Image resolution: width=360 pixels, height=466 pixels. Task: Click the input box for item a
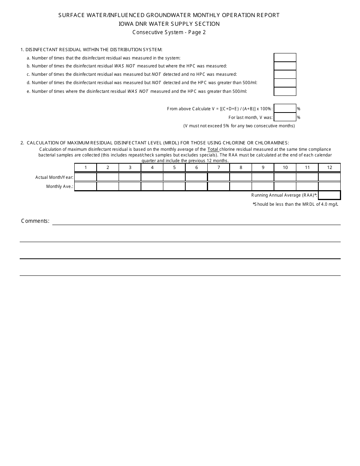[x=285, y=58]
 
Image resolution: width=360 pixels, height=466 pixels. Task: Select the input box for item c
[x=285, y=74]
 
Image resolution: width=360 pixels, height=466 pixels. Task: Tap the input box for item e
[x=285, y=91]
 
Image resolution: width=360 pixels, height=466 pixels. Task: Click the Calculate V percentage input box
[x=285, y=109]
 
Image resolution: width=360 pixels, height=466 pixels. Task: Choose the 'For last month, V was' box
[x=285, y=117]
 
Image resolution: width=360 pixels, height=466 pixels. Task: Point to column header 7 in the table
[x=219, y=167]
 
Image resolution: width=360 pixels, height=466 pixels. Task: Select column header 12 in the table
[x=329, y=167]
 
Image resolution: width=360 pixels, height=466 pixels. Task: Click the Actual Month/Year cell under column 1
[x=86, y=177]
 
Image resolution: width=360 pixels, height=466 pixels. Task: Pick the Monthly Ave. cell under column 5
[x=174, y=186]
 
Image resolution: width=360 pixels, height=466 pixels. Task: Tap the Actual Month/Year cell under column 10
[x=285, y=177]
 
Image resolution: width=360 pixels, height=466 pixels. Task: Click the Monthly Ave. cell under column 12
[x=329, y=186]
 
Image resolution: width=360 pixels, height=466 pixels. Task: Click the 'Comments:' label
[x=35, y=221]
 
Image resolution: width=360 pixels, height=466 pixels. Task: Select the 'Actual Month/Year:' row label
[x=54, y=177]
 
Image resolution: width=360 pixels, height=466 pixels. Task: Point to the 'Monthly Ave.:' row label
[x=59, y=186]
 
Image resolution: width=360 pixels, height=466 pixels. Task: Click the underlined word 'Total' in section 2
[x=213, y=149]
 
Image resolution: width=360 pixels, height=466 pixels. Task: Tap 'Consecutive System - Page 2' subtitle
[x=169, y=32]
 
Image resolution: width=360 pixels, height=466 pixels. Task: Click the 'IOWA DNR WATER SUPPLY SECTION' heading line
[x=169, y=23]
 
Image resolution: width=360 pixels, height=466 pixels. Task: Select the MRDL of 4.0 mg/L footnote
[x=296, y=204]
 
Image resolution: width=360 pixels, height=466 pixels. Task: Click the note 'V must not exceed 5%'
[x=239, y=126]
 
